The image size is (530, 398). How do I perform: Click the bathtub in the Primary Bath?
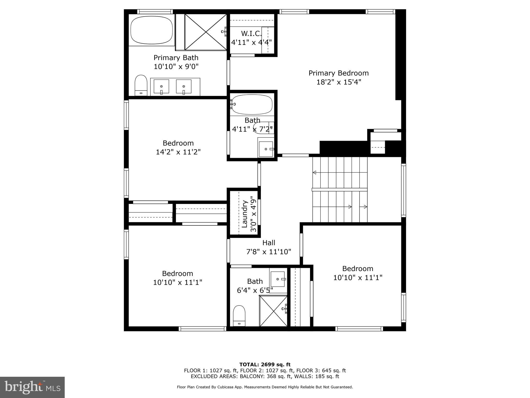152,30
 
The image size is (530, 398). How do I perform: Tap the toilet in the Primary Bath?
141,85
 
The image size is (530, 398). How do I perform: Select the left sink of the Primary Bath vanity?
161,86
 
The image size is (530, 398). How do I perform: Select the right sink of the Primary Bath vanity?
183,86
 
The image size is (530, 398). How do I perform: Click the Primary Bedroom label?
338,73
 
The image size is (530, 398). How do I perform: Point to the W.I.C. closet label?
251,33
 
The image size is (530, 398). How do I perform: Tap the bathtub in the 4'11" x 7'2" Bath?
252,105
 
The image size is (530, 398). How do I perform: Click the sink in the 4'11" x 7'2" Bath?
266,149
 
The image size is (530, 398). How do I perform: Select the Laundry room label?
245,214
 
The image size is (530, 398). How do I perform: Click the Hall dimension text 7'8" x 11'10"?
269,252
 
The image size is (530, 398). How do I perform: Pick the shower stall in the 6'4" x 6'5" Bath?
273,311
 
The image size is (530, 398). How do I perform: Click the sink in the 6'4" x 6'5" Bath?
278,279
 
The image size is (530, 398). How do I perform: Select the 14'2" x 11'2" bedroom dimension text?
178,152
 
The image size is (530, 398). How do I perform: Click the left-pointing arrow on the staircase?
315,172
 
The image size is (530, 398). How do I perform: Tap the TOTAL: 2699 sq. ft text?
265,365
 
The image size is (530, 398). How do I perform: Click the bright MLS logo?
32,387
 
